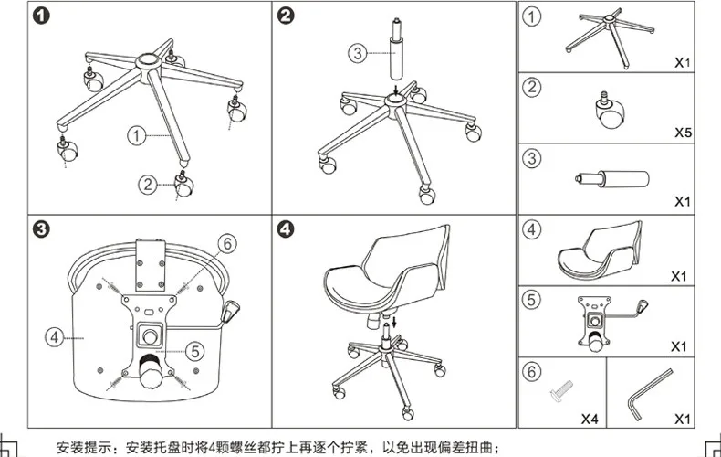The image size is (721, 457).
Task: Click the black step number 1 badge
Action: coord(41,16)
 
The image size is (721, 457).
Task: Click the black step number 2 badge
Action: coord(286,16)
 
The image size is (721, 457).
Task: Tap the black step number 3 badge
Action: coord(41,229)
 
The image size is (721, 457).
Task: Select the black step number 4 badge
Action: coord(286,229)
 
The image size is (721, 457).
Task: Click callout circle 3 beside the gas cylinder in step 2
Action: coord(358,53)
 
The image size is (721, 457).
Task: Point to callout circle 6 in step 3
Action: coord(227,244)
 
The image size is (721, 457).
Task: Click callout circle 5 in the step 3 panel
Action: coord(195,352)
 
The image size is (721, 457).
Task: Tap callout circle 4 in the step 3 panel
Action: coord(54,337)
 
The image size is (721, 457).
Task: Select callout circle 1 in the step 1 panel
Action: coord(136,136)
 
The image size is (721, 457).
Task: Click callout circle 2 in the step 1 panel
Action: coord(148,185)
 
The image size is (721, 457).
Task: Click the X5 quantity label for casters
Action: coord(683,133)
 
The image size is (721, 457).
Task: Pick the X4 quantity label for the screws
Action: coord(590,419)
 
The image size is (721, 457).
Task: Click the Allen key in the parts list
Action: coord(650,394)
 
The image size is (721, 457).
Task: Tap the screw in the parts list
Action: coord(561,390)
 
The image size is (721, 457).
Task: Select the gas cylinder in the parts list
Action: coord(612,179)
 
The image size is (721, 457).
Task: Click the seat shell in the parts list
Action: coord(600,250)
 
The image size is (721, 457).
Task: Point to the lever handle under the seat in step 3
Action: coord(230,312)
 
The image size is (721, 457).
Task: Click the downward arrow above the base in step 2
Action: coord(396,88)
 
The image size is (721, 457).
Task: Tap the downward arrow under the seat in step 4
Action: coord(393,322)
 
